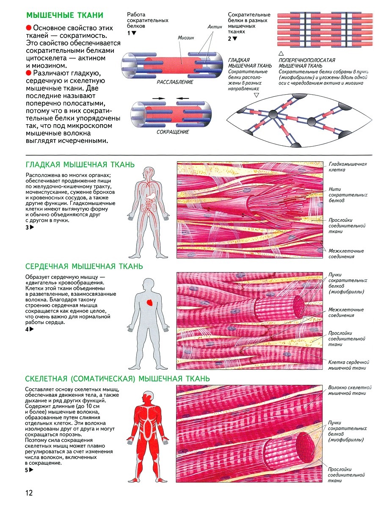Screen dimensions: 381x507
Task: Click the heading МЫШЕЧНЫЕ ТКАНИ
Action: (65, 15)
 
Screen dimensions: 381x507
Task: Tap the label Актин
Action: (215, 27)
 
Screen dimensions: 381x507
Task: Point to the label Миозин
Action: (186, 38)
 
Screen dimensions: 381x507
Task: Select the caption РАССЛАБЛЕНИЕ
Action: (175, 82)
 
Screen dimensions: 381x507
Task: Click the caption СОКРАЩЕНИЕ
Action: (173, 132)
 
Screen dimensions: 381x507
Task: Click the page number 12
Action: (29, 493)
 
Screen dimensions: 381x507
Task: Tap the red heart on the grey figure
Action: (150, 303)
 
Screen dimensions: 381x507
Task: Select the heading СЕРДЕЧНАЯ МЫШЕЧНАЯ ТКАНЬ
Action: (84, 266)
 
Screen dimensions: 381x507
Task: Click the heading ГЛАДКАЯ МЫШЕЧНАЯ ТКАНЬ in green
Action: (80, 165)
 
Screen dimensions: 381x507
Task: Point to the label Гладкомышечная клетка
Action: (348, 167)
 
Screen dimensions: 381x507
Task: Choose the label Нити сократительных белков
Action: (348, 195)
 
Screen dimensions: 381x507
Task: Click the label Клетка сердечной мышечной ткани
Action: (348, 365)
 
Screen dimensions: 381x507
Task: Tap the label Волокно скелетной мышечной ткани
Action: (350, 390)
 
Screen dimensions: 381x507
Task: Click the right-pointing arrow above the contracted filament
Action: (158, 98)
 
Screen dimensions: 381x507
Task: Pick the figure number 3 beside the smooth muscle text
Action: (27, 227)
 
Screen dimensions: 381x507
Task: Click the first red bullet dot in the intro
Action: (29, 28)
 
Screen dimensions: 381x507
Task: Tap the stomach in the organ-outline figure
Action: (152, 196)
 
